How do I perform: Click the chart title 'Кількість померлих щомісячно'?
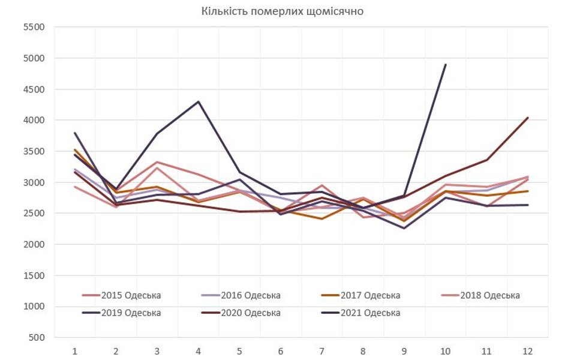pyautogui.click(x=282, y=11)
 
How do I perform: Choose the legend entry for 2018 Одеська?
pyautogui.click(x=489, y=295)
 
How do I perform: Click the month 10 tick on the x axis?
pyautogui.click(x=445, y=350)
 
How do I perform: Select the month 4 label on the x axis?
pyautogui.click(x=198, y=350)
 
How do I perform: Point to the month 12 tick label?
pyautogui.click(x=527, y=350)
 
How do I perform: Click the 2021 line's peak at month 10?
pyautogui.click(x=445, y=65)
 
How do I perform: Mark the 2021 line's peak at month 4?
pyautogui.click(x=198, y=101)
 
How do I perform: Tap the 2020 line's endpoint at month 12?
pyautogui.click(x=527, y=118)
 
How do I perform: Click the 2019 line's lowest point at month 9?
pyautogui.click(x=404, y=228)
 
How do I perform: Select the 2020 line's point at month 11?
pyautogui.click(x=486, y=160)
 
